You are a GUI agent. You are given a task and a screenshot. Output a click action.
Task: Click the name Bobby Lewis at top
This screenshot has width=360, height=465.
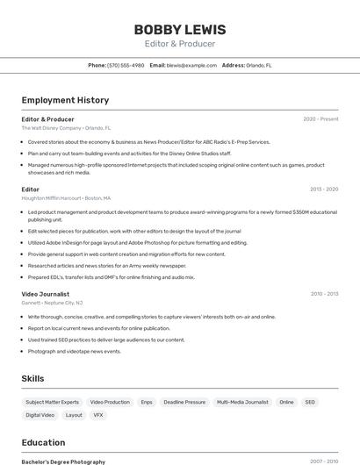179,30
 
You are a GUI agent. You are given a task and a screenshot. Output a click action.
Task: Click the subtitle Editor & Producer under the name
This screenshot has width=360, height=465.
179,44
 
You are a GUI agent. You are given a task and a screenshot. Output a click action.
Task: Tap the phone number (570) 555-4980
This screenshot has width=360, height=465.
126,65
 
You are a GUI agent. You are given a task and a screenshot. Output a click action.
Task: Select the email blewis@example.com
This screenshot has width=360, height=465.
191,65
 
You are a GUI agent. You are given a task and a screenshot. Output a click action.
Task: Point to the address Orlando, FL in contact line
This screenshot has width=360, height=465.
259,65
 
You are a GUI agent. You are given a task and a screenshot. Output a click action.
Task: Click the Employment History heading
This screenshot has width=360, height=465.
65,100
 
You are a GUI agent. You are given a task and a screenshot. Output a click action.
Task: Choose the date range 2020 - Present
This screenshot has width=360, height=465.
320,119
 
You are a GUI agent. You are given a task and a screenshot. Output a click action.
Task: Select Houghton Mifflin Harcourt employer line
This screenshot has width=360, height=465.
66,198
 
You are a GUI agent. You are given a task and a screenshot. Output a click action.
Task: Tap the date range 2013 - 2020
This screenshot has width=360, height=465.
324,189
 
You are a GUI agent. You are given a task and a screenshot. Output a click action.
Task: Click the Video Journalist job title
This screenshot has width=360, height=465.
46,294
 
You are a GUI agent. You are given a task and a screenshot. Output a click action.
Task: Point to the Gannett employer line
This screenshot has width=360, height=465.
53,303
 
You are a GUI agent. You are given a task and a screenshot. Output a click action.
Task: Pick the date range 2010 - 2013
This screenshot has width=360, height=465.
324,294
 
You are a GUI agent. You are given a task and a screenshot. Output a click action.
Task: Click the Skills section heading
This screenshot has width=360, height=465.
33,378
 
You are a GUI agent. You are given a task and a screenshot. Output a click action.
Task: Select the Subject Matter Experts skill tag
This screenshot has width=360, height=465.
52,402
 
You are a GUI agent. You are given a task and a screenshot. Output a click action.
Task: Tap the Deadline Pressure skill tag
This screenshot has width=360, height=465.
184,402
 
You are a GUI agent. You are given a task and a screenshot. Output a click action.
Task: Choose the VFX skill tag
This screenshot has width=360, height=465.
98,415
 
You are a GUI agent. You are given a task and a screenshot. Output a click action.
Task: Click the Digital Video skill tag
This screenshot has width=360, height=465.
40,415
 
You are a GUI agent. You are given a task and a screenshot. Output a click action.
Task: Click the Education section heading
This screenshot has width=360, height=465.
43,442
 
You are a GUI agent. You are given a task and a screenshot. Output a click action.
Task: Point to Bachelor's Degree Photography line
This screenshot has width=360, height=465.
63,461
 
